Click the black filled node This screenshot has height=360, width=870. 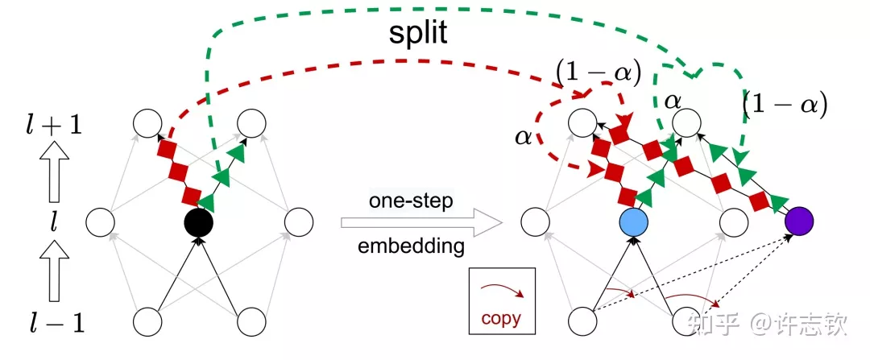198,221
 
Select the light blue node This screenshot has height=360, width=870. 633,221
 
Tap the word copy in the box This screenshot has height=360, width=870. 501,317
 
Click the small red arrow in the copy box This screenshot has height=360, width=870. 500,290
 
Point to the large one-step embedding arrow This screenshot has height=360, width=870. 414,223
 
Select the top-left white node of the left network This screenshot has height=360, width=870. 147,123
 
